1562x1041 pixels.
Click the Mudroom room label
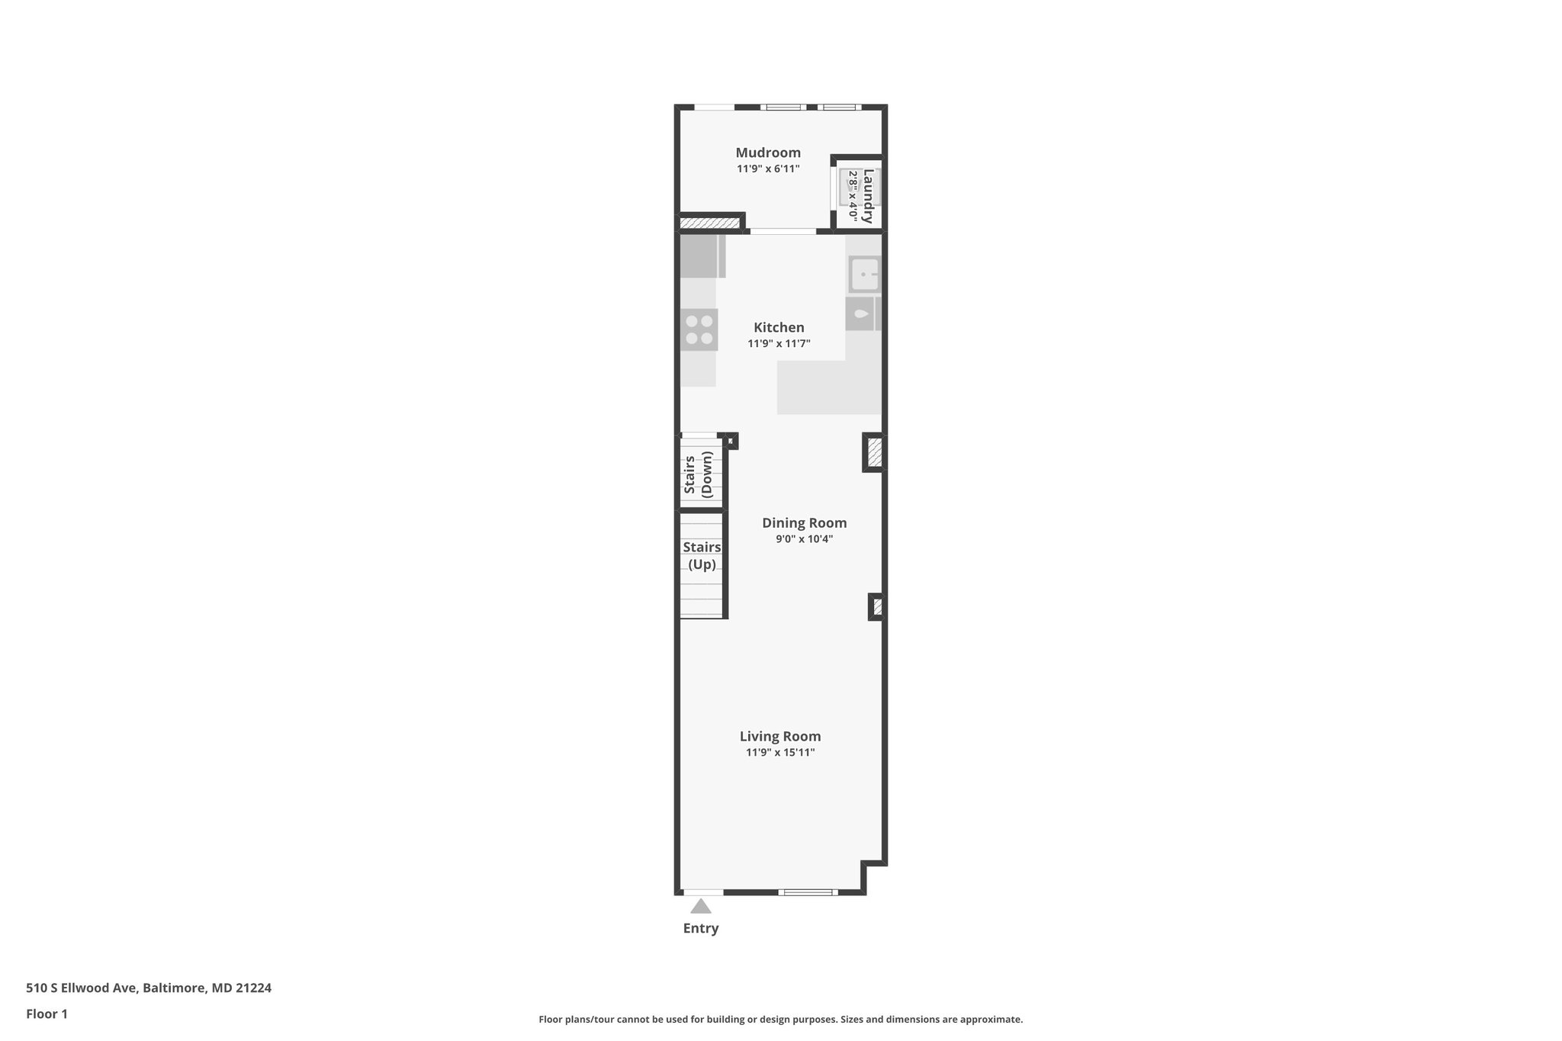pyautogui.click(x=767, y=153)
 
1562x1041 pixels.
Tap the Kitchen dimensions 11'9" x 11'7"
pyautogui.click(x=779, y=344)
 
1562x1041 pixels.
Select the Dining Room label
pyautogui.click(x=804, y=522)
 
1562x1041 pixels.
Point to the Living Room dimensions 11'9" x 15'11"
pyautogui.click(x=780, y=753)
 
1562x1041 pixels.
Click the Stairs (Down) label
pyautogui.click(x=698, y=474)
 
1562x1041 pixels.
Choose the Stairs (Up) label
pyautogui.click(x=702, y=556)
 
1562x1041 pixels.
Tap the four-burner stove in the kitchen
pyautogui.click(x=699, y=329)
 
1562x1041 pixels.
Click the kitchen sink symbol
pyautogui.click(x=864, y=275)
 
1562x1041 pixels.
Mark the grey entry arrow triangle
pyautogui.click(x=701, y=906)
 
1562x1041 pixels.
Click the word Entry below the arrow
pyautogui.click(x=700, y=928)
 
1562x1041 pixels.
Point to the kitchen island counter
pyautogui.click(x=828, y=387)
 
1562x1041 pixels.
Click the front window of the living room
pyautogui.click(x=808, y=892)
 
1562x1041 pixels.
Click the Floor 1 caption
pyautogui.click(x=47, y=1014)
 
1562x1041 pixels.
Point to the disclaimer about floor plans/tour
pyautogui.click(x=780, y=1019)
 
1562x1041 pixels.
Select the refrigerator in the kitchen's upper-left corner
pyautogui.click(x=700, y=256)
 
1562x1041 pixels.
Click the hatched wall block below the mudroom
pyautogui.click(x=710, y=223)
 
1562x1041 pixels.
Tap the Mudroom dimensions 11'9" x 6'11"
pyautogui.click(x=767, y=169)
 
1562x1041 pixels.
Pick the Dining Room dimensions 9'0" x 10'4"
pyautogui.click(x=804, y=538)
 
